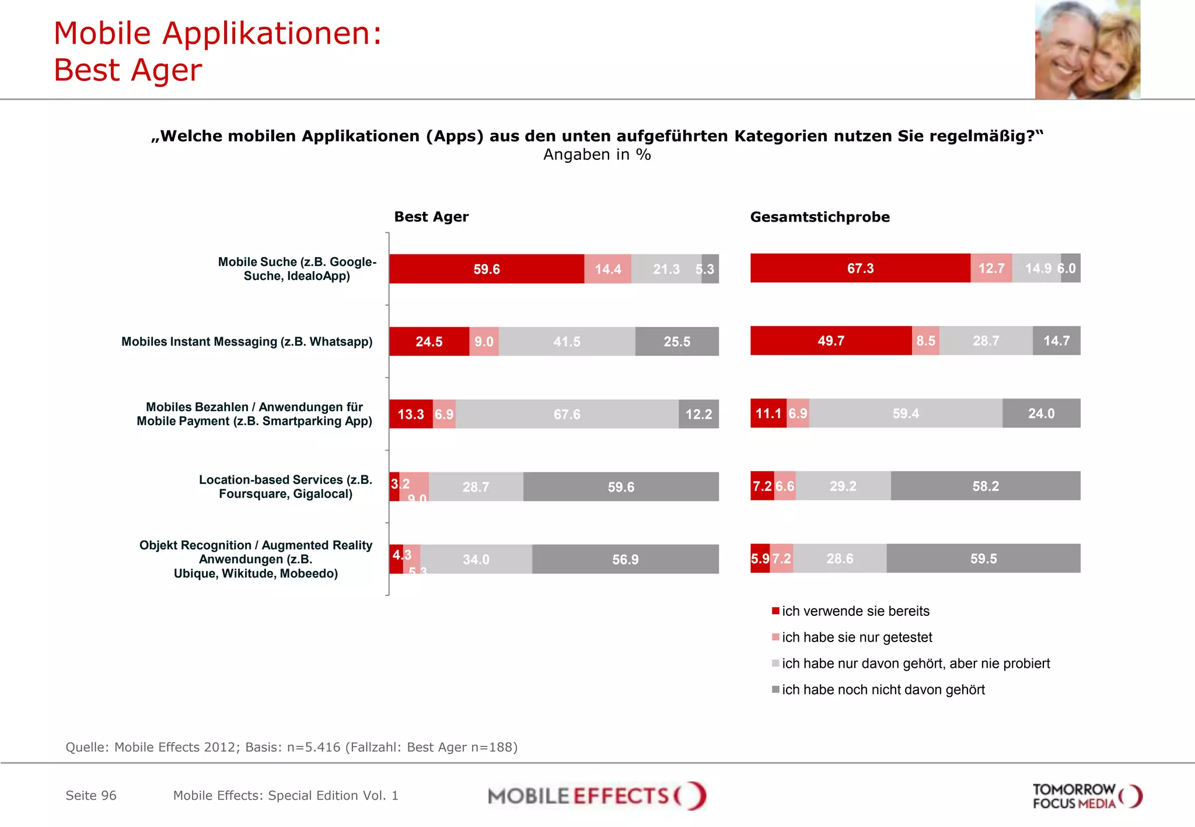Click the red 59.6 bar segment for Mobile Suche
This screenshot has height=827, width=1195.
pyautogui.click(x=486, y=269)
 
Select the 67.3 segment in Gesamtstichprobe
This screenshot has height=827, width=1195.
pyautogui.click(x=860, y=268)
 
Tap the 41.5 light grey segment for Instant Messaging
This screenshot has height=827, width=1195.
pyautogui.click(x=567, y=341)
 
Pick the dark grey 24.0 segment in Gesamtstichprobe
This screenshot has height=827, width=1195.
pyautogui.click(x=1041, y=413)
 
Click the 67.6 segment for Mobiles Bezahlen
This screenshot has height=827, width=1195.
pyautogui.click(x=567, y=414)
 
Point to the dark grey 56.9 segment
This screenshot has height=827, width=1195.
pyautogui.click(x=625, y=559)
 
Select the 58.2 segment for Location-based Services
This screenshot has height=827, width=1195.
pyautogui.click(x=985, y=486)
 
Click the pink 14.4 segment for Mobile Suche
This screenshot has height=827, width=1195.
pyautogui.click(x=607, y=269)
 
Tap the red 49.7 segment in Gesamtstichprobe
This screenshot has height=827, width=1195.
pyautogui.click(x=830, y=341)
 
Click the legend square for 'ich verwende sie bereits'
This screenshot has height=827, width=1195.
pyautogui.click(x=775, y=611)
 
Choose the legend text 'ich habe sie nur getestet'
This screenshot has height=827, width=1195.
pyautogui.click(x=857, y=637)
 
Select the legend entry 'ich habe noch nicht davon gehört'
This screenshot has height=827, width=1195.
pyautogui.click(x=883, y=690)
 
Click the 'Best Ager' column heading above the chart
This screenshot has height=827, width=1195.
pyautogui.click(x=431, y=217)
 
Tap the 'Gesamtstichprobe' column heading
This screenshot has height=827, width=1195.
pyautogui.click(x=819, y=217)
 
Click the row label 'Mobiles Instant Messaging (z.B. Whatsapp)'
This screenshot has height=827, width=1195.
pyautogui.click(x=247, y=342)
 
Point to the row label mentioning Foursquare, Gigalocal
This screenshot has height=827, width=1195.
pyautogui.click(x=285, y=487)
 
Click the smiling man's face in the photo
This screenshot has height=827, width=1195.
pyautogui.click(x=1065, y=47)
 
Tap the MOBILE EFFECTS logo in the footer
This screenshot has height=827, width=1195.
pyautogui.click(x=596, y=796)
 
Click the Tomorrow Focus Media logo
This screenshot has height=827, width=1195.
pyautogui.click(x=1086, y=796)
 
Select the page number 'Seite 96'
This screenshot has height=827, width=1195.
pyautogui.click(x=91, y=796)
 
